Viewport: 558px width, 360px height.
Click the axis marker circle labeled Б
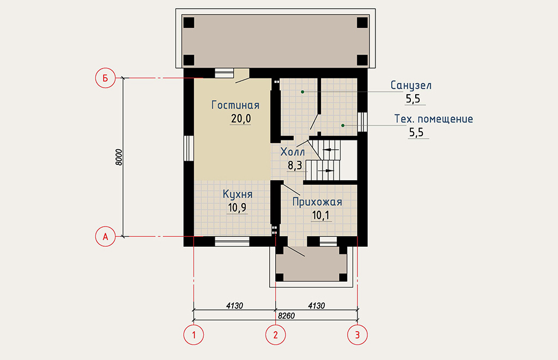pos(105,78)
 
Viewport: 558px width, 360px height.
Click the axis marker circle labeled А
pos(105,236)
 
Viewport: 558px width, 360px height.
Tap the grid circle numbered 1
pos(193,335)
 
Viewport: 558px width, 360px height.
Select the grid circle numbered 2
pos(275,335)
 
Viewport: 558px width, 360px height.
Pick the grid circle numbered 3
pos(357,335)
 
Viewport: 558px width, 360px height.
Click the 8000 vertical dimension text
pos(119,157)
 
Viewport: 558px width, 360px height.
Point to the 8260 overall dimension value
pos(287,316)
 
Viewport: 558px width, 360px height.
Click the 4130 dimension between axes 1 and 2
pos(234,306)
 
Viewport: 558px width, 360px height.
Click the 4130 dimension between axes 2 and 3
pos(317,306)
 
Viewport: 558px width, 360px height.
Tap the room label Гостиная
pos(235,105)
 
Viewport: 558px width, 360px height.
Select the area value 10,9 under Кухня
pos(237,208)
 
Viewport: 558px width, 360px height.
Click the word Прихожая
pos(317,202)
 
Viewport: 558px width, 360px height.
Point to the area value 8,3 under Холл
pos(295,166)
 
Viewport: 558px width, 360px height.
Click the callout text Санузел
pos(411,86)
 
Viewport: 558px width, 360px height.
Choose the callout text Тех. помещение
pos(433,119)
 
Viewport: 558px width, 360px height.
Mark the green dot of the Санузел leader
pos(302,92)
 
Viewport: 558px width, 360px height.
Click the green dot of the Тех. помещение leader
pos(343,125)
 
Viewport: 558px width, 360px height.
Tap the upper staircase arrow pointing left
pos(331,150)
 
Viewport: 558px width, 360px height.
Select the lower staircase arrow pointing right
pos(326,171)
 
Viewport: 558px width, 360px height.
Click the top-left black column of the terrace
pos(189,23)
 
